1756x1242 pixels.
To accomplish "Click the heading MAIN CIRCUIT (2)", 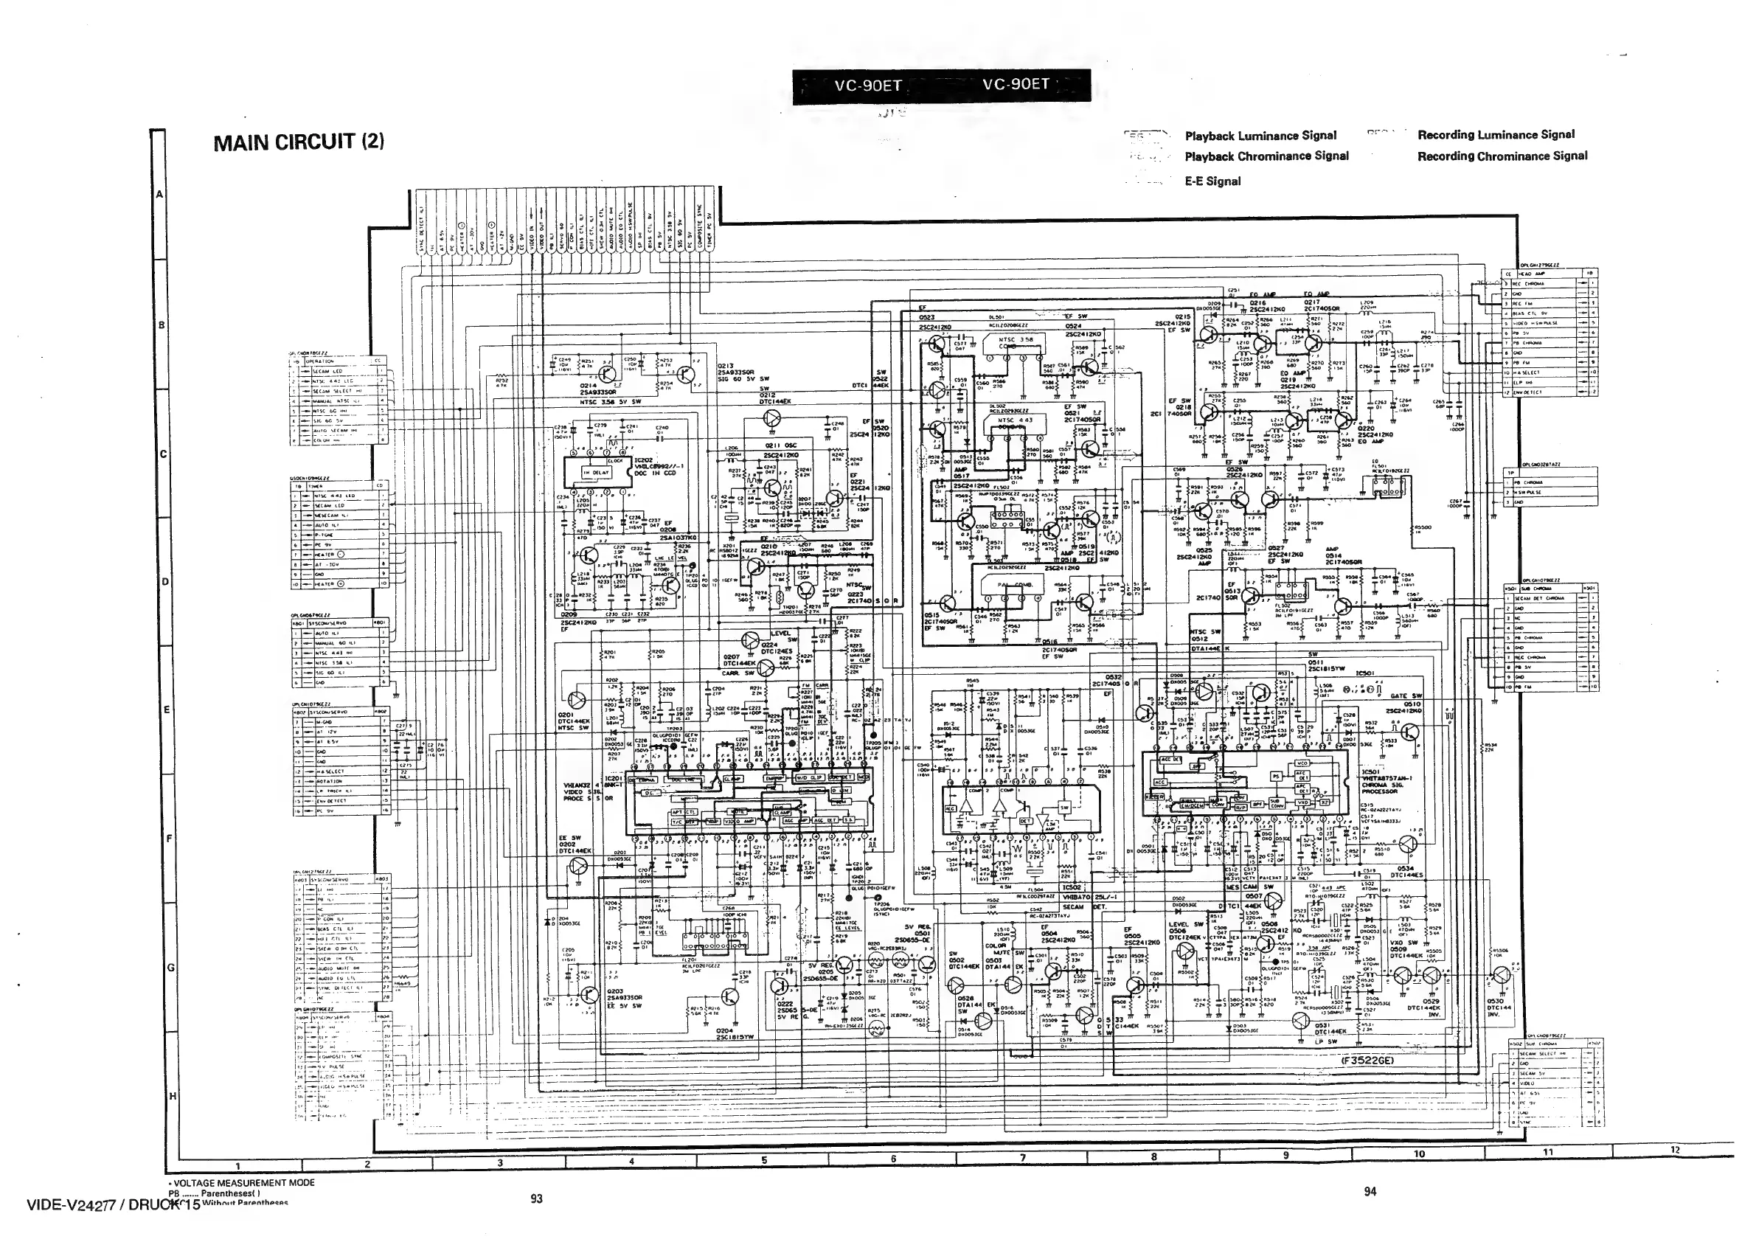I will [298, 142].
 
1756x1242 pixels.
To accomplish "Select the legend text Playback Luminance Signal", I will [1260, 136].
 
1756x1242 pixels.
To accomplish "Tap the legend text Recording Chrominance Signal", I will [1502, 157].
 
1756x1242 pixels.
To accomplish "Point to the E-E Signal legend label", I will [1212, 181].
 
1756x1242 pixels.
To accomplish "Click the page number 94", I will [1370, 1191].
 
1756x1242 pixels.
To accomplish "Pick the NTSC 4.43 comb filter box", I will [1016, 420].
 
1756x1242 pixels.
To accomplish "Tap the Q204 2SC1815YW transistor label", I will [723, 1035].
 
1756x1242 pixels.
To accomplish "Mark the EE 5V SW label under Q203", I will [622, 1006].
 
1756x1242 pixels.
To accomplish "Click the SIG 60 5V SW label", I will [743, 378].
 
